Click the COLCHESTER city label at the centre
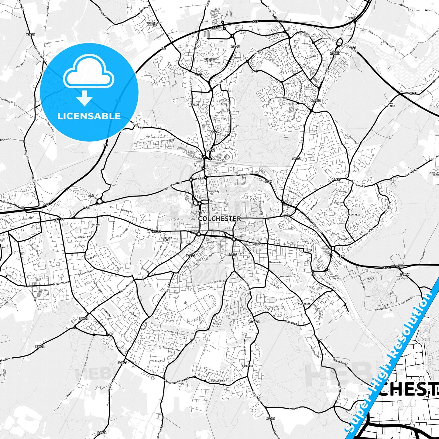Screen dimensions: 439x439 (x=219, y=218)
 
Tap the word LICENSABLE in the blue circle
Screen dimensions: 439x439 (x=89, y=116)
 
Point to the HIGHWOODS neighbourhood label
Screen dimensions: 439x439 (x=283, y=98)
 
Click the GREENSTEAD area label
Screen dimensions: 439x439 (x=353, y=215)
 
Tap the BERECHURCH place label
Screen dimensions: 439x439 (x=218, y=381)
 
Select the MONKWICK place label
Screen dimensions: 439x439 (x=247, y=366)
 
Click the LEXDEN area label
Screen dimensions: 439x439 (x=95, y=225)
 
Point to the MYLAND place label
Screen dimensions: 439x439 (x=195, y=105)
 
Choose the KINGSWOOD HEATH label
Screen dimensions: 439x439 (x=210, y=60)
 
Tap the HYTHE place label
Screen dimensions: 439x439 (x=309, y=250)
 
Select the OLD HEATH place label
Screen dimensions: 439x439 (x=304, y=304)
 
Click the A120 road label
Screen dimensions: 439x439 (x=352, y=48)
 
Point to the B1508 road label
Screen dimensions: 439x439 (x=30, y=35)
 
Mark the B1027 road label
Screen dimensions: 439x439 (x=405, y=274)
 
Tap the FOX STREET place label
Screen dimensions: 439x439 (x=391, y=105)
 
